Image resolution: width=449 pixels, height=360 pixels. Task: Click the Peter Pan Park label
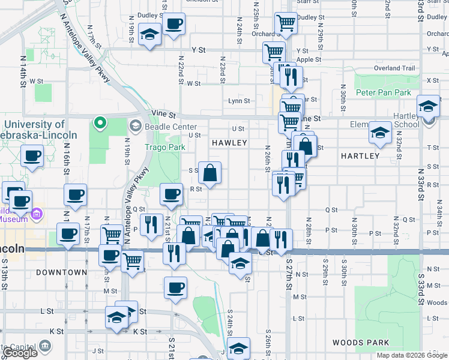(383, 92)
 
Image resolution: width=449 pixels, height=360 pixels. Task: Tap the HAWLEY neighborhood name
(229, 143)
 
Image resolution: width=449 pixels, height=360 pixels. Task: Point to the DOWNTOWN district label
(61, 272)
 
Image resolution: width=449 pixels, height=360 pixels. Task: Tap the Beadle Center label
(171, 127)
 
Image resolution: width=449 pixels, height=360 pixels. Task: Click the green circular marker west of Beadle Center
(100, 125)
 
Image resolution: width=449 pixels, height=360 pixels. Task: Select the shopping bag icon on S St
(209, 173)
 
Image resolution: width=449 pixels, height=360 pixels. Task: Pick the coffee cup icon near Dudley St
(173, 24)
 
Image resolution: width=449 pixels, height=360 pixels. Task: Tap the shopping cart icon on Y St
(274, 52)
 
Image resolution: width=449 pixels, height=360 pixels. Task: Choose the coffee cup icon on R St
(171, 194)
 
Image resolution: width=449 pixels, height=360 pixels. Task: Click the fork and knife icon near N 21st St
(151, 225)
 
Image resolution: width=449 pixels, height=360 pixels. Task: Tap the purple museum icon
(37, 213)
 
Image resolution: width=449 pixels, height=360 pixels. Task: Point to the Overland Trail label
(394, 68)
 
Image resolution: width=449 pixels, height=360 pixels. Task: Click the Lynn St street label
(238, 101)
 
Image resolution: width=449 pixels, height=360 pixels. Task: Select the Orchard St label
(263, 34)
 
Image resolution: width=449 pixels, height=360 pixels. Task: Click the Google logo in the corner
(20, 353)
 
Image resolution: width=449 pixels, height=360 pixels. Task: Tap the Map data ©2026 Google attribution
(411, 355)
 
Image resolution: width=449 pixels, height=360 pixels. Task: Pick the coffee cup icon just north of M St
(175, 288)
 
